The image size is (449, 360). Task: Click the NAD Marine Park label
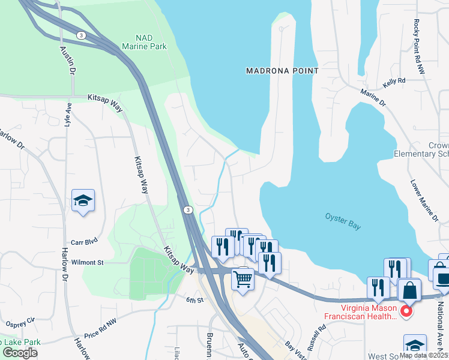click(144, 41)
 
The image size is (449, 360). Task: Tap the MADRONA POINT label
click(282, 71)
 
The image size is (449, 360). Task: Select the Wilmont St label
click(88, 262)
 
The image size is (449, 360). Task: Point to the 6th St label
click(191, 299)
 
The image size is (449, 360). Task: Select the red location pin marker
click(406, 311)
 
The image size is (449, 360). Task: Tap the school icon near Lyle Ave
click(83, 201)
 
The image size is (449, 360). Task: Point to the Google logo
click(20, 353)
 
